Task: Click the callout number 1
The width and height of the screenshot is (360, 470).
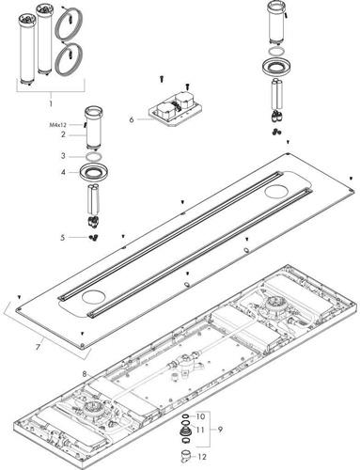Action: click(x=51, y=103)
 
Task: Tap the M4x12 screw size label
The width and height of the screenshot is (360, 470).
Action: click(x=58, y=125)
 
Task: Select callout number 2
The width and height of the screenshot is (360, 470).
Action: click(x=63, y=134)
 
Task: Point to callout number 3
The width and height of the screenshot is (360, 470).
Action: click(x=63, y=156)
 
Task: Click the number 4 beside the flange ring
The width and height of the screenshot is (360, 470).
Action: click(x=63, y=172)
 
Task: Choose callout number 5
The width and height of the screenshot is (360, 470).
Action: click(x=63, y=238)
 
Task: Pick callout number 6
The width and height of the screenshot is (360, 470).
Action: click(x=132, y=119)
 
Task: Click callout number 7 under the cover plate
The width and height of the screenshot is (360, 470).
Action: click(x=39, y=347)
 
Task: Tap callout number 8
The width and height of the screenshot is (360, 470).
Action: click(x=85, y=374)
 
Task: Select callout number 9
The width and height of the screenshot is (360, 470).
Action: click(x=220, y=430)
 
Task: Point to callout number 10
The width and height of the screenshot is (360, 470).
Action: click(x=200, y=416)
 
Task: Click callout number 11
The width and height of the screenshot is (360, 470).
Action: click(x=200, y=430)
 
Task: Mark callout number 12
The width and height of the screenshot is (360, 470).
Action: click(x=202, y=457)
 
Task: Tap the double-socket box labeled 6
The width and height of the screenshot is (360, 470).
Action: click(x=174, y=112)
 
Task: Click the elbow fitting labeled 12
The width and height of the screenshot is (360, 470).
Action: click(x=185, y=456)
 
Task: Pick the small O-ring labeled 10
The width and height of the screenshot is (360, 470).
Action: click(x=185, y=416)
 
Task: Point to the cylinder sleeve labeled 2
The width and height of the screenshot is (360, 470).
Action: click(x=93, y=128)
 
